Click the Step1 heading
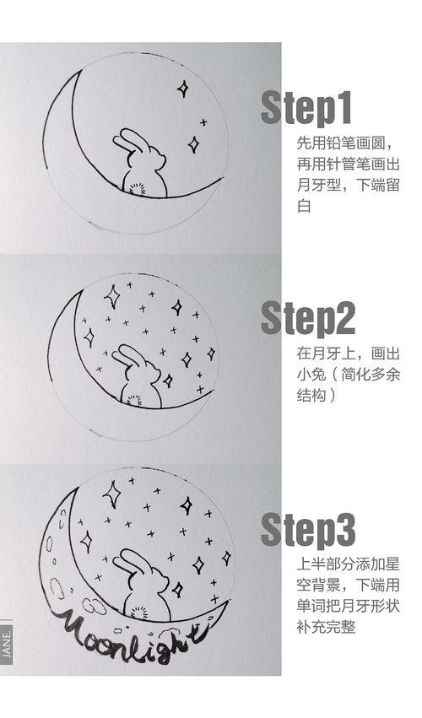tap(306, 108)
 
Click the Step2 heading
tap(307, 319)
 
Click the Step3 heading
tap(307, 529)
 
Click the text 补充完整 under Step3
tap(324, 628)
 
